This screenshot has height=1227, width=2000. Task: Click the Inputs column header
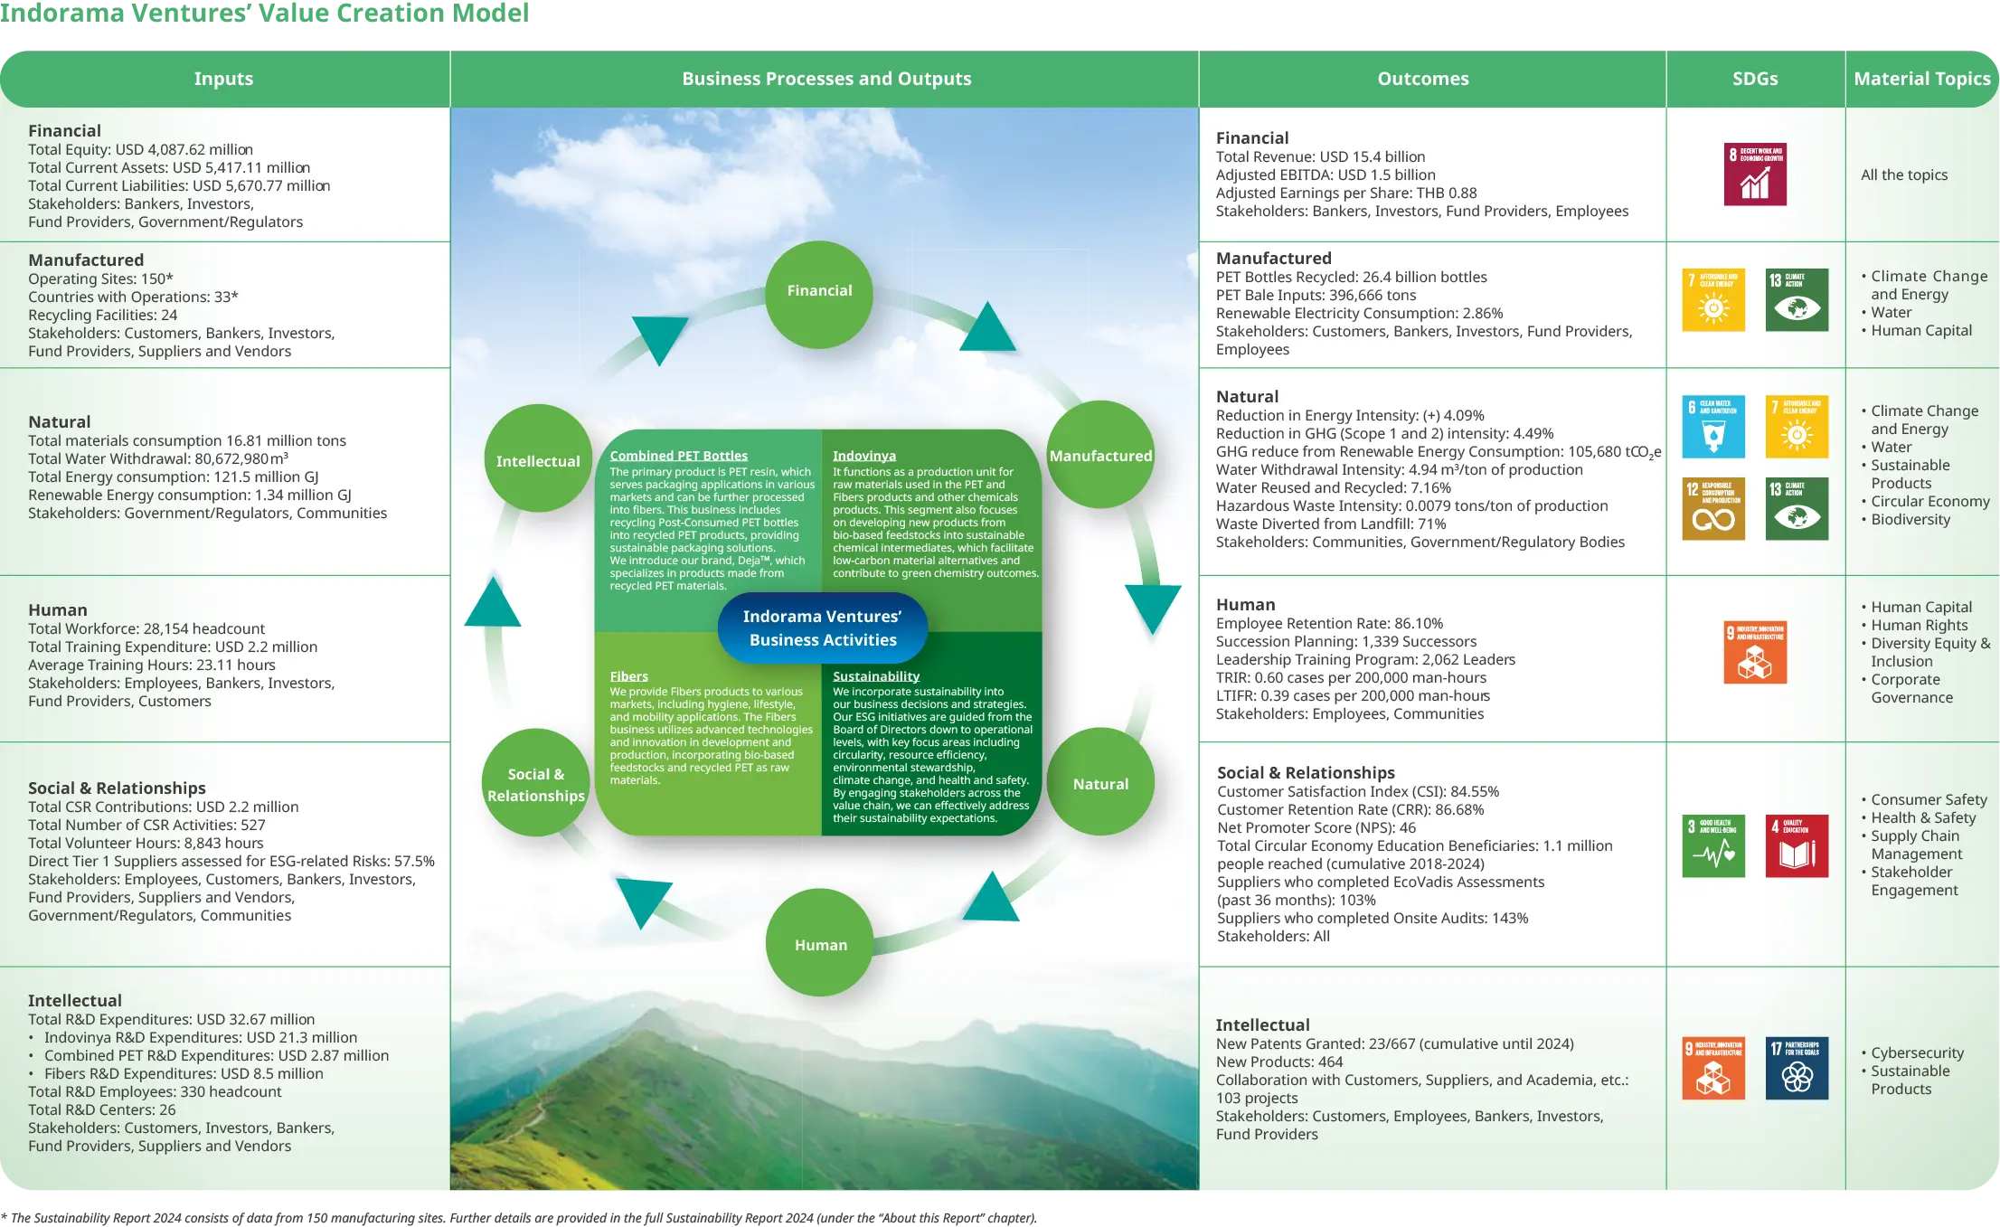[223, 79]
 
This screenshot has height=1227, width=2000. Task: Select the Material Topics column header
[1921, 79]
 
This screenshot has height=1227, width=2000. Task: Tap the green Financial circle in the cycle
[819, 291]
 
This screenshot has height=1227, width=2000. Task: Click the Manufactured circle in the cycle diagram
[1100, 456]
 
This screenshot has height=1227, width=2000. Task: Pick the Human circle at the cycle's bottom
[820, 945]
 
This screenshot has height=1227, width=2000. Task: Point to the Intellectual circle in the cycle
[538, 461]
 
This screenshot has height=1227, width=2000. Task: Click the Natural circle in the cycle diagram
[1100, 784]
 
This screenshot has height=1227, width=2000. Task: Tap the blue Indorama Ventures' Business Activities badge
[822, 628]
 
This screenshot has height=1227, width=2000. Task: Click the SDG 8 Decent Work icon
[1754, 175]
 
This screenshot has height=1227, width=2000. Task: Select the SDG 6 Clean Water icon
[1712, 427]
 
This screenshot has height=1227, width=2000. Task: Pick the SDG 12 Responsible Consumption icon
[1712, 509]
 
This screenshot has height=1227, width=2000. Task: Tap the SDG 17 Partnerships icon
[1796, 1068]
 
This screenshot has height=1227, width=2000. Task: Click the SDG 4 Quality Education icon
[1796, 845]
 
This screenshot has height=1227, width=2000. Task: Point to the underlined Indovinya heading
[863, 456]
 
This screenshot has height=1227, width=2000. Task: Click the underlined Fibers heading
[628, 676]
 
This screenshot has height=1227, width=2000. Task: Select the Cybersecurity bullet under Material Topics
[1917, 1052]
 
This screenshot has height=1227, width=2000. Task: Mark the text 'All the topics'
[1903, 175]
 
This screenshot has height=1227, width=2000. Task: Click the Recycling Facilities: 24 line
[102, 315]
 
